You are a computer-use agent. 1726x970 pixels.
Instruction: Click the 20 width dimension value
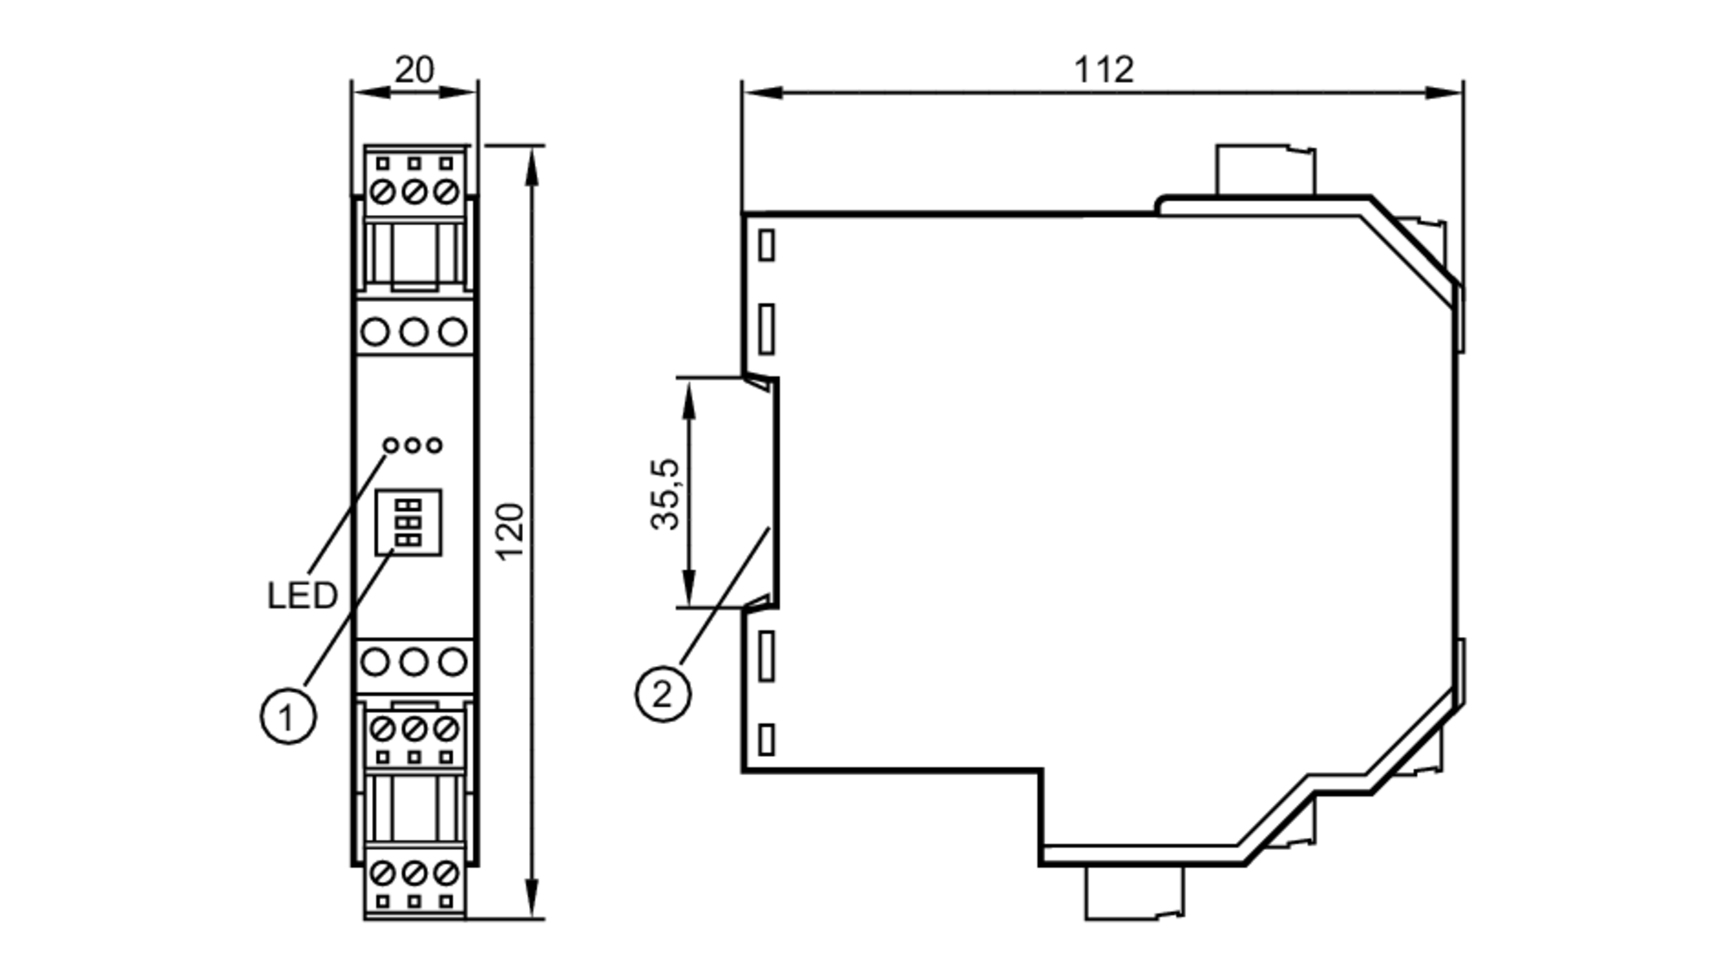(414, 70)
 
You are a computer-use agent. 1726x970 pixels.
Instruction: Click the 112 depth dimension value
(1103, 70)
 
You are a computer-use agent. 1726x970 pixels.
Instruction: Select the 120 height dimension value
(511, 531)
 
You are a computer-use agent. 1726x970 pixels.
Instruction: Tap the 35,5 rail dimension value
(665, 494)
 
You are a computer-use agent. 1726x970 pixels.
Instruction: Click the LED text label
(302, 595)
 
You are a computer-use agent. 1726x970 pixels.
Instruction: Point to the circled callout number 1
(288, 716)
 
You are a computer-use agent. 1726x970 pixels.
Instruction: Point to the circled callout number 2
(663, 694)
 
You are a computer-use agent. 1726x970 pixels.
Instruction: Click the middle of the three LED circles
(413, 445)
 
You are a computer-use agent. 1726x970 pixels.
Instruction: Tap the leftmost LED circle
(392, 445)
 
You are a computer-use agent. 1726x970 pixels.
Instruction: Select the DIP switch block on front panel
(408, 522)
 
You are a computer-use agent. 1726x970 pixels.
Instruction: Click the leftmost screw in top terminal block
(382, 191)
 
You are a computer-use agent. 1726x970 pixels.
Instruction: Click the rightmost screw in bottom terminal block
(445, 873)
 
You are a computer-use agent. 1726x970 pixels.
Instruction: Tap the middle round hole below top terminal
(414, 331)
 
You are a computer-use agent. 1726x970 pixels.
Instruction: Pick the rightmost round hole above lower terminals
(453, 663)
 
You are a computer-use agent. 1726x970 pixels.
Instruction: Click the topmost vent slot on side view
(766, 245)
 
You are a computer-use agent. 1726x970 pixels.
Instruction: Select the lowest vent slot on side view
(766, 740)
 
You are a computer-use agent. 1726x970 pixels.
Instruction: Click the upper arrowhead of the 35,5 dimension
(689, 393)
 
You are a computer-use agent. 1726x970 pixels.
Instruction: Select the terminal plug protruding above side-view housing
(1264, 171)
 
